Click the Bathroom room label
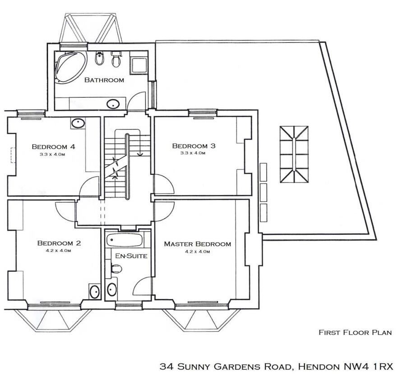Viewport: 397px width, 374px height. [x=104, y=80]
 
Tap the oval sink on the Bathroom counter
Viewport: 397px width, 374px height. [x=113, y=104]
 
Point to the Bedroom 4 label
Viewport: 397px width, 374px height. [x=53, y=146]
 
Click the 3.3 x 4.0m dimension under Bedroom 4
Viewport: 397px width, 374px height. [x=53, y=154]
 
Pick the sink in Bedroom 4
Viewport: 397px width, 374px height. [x=78, y=123]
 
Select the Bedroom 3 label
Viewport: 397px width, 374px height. [x=194, y=146]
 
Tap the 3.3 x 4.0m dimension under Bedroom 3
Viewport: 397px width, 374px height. [x=194, y=153]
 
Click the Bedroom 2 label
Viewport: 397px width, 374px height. [x=59, y=243]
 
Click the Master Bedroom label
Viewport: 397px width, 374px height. [x=197, y=244]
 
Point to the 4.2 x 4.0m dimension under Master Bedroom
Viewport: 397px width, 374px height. [x=197, y=251]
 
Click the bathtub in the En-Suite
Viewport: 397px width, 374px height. [x=125, y=240]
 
